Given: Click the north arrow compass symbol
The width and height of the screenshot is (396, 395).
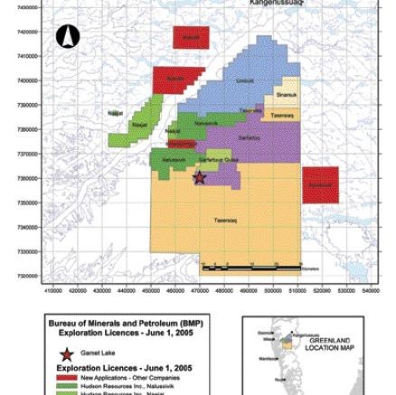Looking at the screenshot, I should [x=68, y=36].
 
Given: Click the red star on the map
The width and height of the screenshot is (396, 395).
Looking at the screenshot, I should [x=199, y=178].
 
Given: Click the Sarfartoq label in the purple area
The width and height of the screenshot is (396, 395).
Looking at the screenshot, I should [x=249, y=137].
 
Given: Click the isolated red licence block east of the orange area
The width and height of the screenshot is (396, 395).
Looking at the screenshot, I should [x=320, y=184].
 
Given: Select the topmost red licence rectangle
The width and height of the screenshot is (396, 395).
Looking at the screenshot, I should [x=191, y=37].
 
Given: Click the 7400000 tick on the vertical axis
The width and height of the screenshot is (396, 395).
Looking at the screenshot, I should [x=27, y=6].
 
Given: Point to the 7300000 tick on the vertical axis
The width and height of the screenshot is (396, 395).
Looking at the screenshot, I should [x=27, y=276].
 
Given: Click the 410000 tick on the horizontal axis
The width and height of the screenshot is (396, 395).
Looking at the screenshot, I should [x=53, y=291].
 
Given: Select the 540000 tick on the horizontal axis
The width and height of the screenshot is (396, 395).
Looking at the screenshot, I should [x=371, y=291].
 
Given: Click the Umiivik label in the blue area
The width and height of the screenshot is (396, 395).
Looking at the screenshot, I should [x=245, y=80].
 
